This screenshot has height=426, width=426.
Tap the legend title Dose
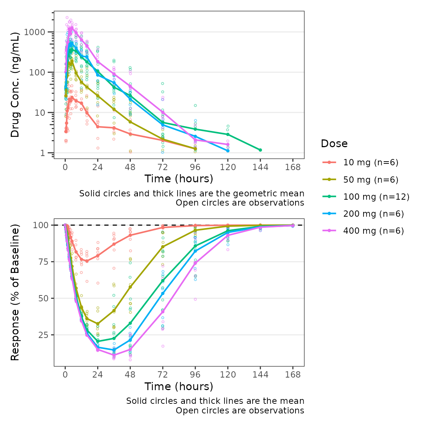pyautogui.click(x=334, y=143)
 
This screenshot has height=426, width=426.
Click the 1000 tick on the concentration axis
pyautogui.click(x=34, y=32)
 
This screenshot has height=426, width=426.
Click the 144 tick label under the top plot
pyautogui.click(x=260, y=167)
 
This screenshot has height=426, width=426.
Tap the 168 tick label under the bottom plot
pyautogui.click(x=293, y=375)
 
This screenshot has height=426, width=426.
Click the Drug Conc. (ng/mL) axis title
pyautogui.click(x=15, y=85)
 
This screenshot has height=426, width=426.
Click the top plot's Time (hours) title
pyautogui.click(x=179, y=179)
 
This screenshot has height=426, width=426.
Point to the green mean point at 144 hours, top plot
pyautogui.click(x=260, y=150)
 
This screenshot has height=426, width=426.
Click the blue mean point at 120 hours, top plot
pyautogui.click(x=228, y=151)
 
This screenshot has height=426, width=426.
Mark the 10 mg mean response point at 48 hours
pyautogui.click(x=130, y=235)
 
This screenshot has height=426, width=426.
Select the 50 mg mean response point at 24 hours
pyautogui.click(x=98, y=324)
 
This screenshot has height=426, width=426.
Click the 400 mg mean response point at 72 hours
pyautogui.click(x=163, y=312)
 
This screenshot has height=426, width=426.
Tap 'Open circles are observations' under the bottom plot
pyautogui.click(x=240, y=410)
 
